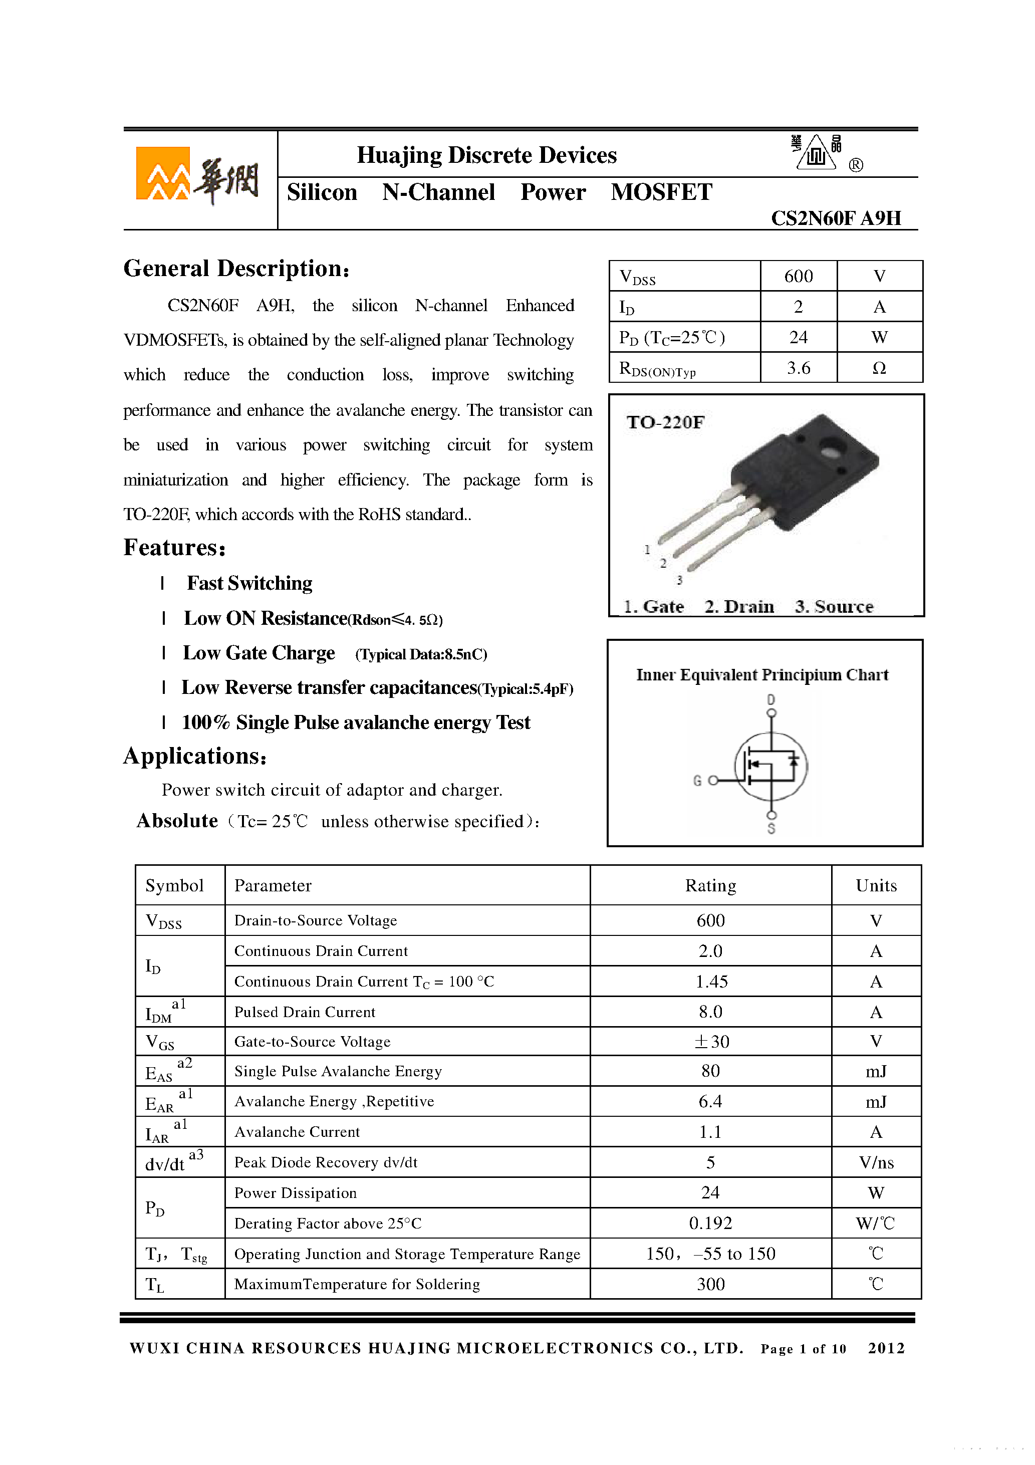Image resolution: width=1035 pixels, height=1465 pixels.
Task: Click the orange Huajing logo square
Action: point(163,173)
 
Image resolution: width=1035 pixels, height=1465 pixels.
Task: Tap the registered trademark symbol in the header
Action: point(856,165)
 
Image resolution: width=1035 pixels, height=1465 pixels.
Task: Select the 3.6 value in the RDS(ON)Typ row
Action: point(798,368)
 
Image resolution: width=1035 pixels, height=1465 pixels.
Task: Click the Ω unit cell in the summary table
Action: point(879,368)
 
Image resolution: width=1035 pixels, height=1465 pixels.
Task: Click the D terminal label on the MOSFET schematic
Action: point(771,699)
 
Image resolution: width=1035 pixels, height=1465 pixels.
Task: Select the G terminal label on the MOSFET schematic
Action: point(697,781)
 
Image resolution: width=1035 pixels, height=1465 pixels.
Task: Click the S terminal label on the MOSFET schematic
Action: point(771,829)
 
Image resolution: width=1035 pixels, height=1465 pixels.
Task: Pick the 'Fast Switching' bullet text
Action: point(249,583)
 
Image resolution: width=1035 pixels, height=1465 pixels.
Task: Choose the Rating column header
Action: point(710,886)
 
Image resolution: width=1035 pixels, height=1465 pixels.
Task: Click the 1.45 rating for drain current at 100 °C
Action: point(711,982)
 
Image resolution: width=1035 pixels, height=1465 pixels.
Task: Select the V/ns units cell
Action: point(876,1162)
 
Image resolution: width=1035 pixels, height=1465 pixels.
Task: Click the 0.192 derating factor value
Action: point(710,1223)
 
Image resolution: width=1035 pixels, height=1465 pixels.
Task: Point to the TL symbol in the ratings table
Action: point(154,1285)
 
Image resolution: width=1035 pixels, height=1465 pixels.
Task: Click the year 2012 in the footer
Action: point(886,1348)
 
